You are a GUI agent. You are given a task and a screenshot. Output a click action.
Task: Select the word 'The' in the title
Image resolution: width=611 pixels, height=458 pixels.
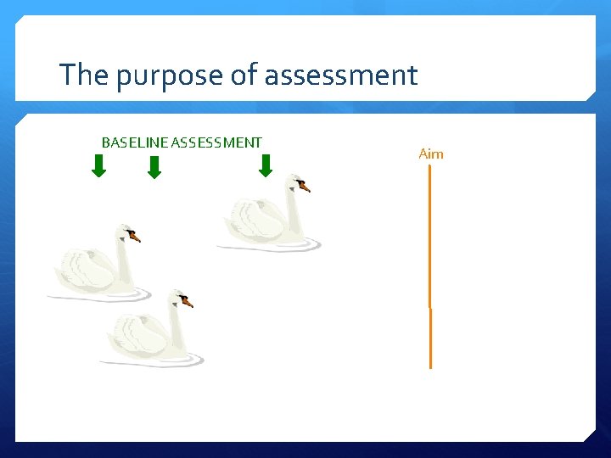point(83,75)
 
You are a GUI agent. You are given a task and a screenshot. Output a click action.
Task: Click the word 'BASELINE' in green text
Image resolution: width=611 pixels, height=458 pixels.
point(134,142)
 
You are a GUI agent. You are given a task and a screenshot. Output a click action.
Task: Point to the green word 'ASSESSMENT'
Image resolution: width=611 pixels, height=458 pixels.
point(216,142)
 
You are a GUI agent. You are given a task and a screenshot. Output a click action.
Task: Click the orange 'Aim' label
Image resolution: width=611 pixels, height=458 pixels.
point(431,154)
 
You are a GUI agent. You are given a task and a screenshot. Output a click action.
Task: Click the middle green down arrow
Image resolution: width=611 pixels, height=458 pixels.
point(154,167)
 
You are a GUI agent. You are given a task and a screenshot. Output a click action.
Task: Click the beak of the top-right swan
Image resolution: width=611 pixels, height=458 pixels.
point(305,187)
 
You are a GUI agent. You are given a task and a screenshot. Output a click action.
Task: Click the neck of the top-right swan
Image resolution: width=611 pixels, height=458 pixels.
point(294,212)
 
